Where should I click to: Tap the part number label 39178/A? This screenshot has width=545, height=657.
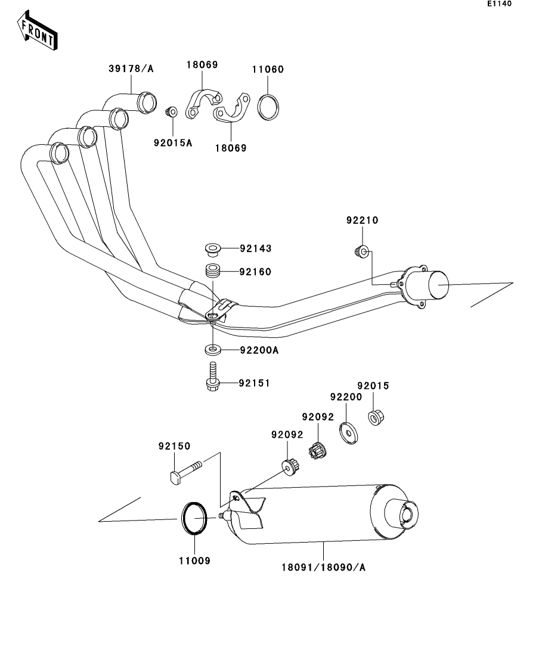click(131, 69)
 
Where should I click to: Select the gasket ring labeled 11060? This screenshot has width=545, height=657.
click(268, 106)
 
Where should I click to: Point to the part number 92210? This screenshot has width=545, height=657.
click(362, 220)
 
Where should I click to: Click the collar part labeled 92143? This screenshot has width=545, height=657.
click(210, 247)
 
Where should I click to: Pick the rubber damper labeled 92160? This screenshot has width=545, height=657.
click(212, 271)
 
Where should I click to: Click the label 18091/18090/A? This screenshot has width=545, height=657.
click(324, 567)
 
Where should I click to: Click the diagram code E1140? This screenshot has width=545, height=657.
click(499, 4)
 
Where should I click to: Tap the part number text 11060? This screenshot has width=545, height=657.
click(268, 69)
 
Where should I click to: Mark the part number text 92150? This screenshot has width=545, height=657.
click(174, 446)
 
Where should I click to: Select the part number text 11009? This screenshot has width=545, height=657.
click(194, 561)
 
